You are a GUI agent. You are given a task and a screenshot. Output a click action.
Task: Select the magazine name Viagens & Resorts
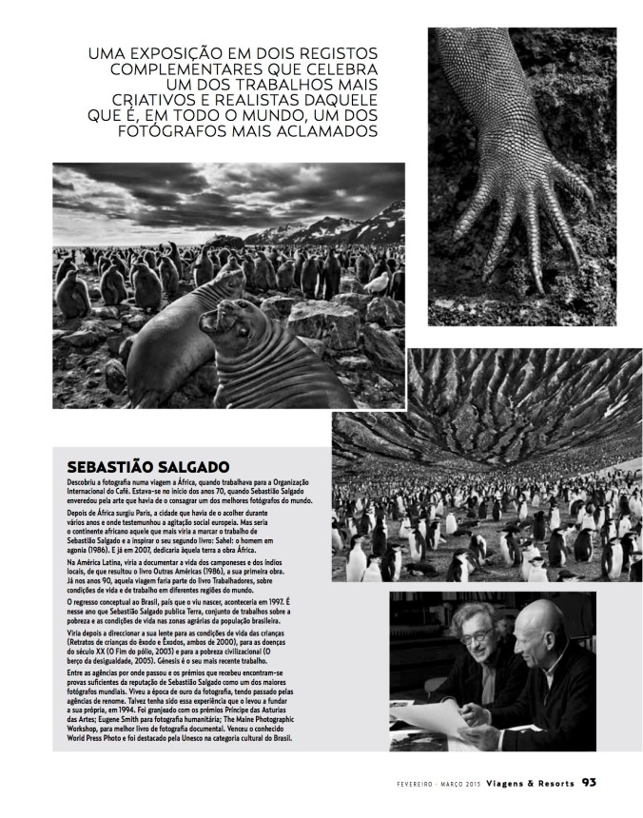(x=524, y=784)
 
